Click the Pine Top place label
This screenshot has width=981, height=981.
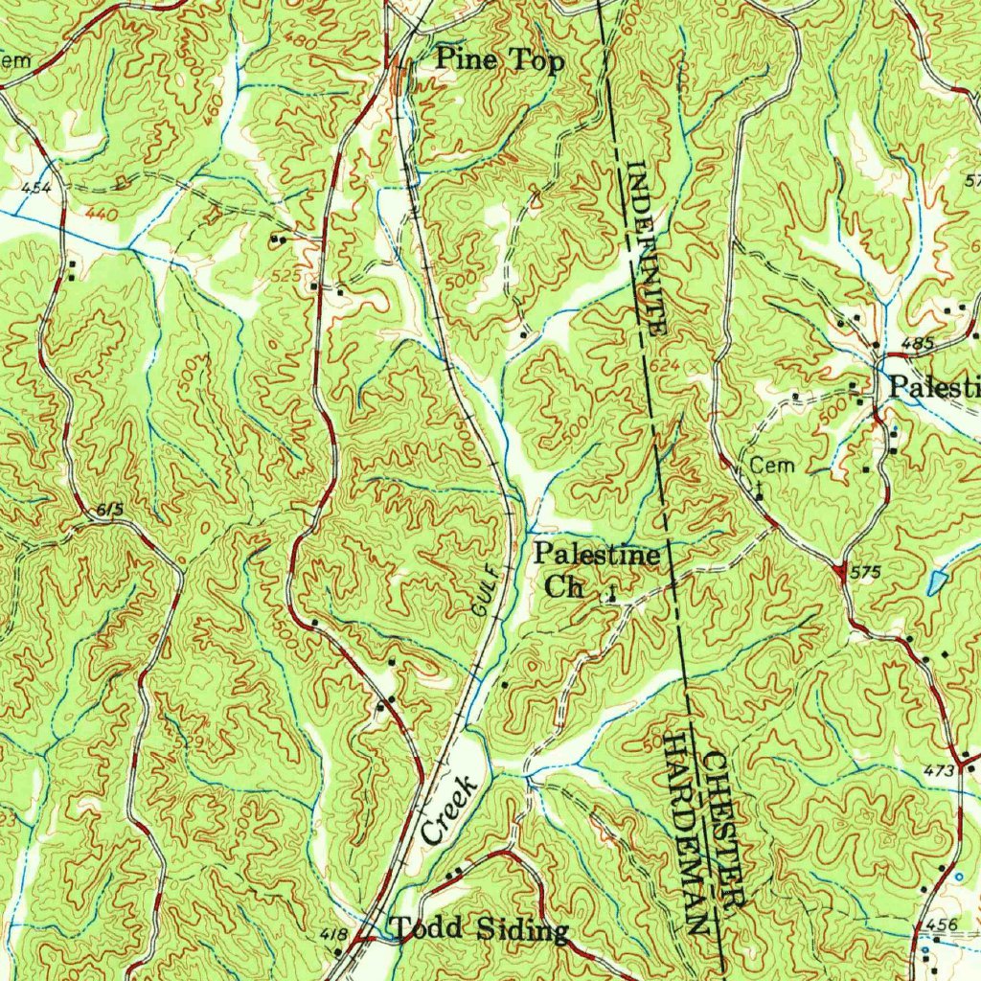(x=500, y=60)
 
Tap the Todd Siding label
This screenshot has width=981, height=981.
(x=479, y=929)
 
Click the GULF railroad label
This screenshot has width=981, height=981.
(x=486, y=588)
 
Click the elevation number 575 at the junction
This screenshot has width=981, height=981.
(x=865, y=572)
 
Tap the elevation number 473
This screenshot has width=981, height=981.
(x=940, y=770)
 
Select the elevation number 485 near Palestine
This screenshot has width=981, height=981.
(x=917, y=343)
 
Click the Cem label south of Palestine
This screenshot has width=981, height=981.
(x=772, y=466)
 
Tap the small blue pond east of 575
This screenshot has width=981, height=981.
(x=937, y=581)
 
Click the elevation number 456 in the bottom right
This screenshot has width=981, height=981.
(x=942, y=924)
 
